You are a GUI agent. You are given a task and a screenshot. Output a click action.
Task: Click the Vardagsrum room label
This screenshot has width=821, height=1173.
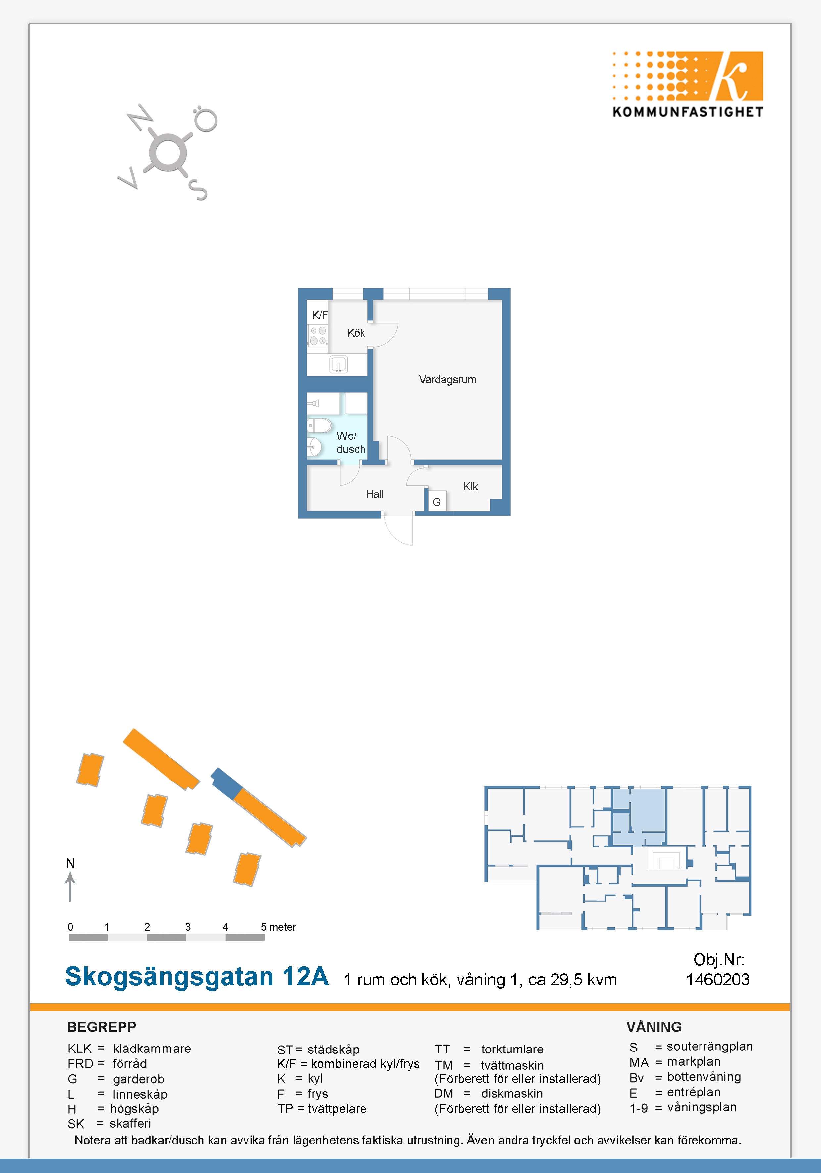(448, 380)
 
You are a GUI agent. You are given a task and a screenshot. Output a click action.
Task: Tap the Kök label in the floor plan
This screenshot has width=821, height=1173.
(356, 333)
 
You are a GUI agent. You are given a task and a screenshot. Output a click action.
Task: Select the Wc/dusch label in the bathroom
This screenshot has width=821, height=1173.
(351, 442)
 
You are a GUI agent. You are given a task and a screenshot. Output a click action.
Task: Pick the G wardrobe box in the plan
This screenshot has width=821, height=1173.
(437, 502)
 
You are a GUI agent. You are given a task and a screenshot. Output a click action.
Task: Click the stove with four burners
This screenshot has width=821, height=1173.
(318, 336)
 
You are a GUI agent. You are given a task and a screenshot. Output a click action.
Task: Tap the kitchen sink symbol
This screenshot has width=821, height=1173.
(339, 364)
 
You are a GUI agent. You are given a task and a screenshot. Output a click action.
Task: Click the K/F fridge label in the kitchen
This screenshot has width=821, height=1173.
(320, 315)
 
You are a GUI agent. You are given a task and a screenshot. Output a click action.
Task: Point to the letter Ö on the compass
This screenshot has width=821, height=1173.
(205, 119)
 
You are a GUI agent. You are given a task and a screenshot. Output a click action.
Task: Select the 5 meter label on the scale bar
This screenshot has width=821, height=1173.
(278, 927)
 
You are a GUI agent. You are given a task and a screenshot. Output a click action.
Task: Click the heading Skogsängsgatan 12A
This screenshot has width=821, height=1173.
(197, 976)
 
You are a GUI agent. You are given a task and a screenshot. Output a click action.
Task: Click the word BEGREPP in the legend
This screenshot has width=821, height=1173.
(102, 1027)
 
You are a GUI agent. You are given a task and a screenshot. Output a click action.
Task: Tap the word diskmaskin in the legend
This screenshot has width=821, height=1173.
(512, 1093)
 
